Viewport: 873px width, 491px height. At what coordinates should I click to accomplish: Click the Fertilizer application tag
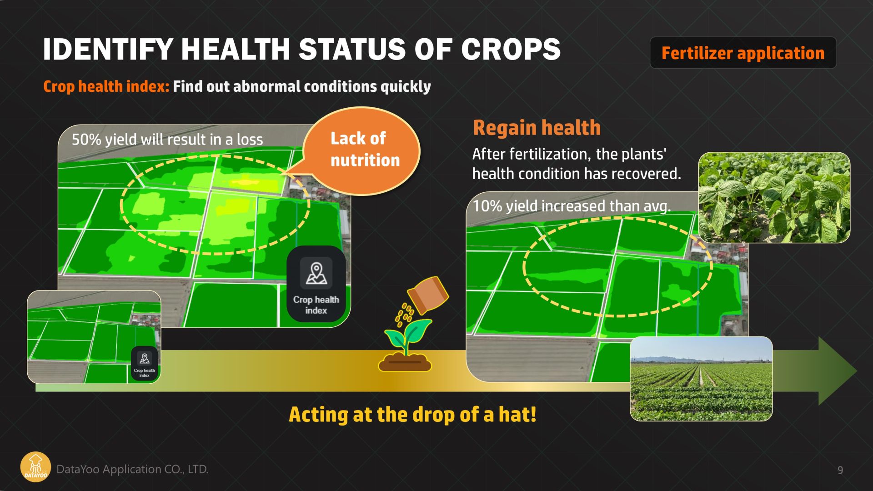[743, 53]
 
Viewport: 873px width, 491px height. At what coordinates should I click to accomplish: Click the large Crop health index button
[316, 284]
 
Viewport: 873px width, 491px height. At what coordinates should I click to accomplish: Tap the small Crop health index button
[144, 364]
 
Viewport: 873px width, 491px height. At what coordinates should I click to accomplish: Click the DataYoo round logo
[35, 467]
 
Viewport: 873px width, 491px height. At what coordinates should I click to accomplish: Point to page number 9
[840, 470]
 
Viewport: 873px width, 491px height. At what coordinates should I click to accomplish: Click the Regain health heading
[537, 128]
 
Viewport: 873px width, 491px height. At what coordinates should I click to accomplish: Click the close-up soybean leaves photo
[774, 197]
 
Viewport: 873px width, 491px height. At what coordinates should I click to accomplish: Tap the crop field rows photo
[701, 379]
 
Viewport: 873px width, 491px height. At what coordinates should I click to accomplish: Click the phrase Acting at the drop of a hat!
[412, 415]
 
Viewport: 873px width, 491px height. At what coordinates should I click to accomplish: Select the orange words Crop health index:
[106, 86]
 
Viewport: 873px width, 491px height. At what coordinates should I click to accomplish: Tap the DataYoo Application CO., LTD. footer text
[132, 469]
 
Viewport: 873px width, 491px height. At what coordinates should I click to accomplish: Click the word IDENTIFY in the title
[108, 49]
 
